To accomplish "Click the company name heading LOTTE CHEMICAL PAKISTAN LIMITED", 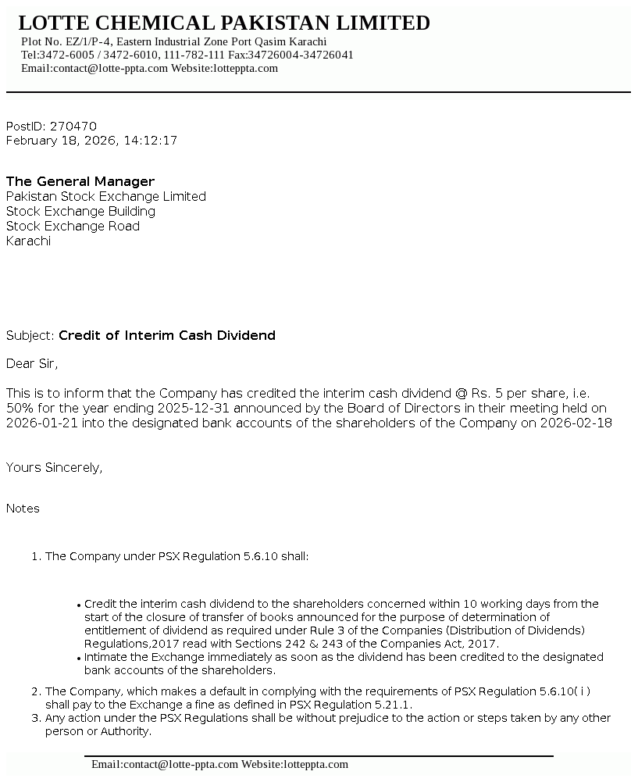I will (x=224, y=23).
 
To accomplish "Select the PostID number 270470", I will (x=73, y=127).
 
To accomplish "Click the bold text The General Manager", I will (x=80, y=182).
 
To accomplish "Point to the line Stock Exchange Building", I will (x=80, y=212).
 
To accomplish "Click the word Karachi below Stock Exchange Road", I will (x=28, y=241).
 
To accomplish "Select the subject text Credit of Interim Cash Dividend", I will (x=167, y=336).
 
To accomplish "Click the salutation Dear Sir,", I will (x=32, y=364).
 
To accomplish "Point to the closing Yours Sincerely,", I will (x=55, y=468).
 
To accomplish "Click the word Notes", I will (x=23, y=509).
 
